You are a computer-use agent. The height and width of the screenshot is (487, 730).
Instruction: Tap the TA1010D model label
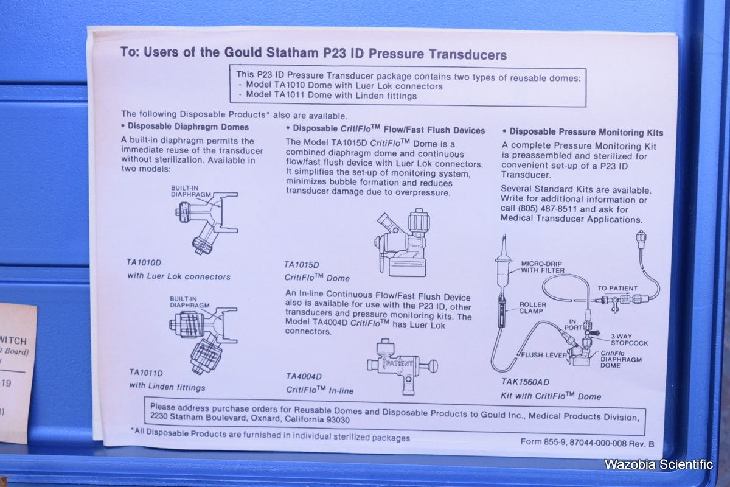[x=144, y=262]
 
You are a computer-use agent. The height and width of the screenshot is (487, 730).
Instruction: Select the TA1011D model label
[x=145, y=373]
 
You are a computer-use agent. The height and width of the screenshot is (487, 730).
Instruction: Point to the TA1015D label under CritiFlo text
[x=301, y=265]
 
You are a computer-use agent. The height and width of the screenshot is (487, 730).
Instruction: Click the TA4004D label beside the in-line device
[x=304, y=376]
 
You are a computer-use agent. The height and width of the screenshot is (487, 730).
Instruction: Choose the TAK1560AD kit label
[x=525, y=382]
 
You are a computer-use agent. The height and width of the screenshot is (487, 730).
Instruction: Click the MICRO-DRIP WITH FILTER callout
[x=542, y=267]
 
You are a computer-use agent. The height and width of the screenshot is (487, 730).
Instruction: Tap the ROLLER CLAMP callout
[x=532, y=307]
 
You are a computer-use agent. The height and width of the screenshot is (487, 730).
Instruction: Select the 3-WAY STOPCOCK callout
[x=629, y=340]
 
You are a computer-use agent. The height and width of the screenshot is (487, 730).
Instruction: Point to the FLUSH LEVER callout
[x=544, y=355]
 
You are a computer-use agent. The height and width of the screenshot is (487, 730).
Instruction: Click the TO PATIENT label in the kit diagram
[x=617, y=289]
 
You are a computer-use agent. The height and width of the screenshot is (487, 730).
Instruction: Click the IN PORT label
[x=573, y=324]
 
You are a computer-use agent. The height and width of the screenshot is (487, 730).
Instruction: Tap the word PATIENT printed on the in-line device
[x=398, y=363]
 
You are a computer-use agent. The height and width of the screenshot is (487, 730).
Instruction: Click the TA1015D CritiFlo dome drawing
[x=401, y=243]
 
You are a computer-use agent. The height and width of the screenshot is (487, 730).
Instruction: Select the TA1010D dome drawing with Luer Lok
[x=207, y=223]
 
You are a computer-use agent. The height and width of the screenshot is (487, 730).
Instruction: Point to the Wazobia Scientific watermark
[x=658, y=464]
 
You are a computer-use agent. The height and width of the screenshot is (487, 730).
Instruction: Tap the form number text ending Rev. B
[x=587, y=443]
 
